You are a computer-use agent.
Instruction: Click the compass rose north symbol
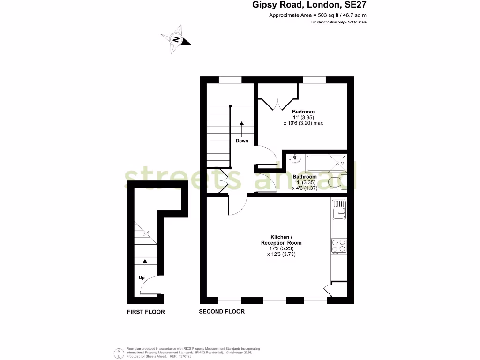[176, 39]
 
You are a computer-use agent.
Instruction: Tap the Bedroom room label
[304, 112]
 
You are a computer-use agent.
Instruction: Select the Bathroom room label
[305, 177]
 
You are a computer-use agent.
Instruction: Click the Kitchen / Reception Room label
[281, 240]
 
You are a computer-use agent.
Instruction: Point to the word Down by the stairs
[242, 141]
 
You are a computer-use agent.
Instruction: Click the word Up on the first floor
[142, 277]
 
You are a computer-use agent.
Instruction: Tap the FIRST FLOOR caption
[146, 312]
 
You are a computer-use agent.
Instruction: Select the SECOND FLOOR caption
[222, 312]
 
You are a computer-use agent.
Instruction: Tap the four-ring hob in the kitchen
[338, 246]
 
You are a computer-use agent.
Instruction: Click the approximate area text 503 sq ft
[318, 15]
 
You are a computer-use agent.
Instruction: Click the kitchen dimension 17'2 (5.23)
[281, 248]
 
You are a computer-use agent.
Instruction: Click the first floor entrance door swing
[149, 286]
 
